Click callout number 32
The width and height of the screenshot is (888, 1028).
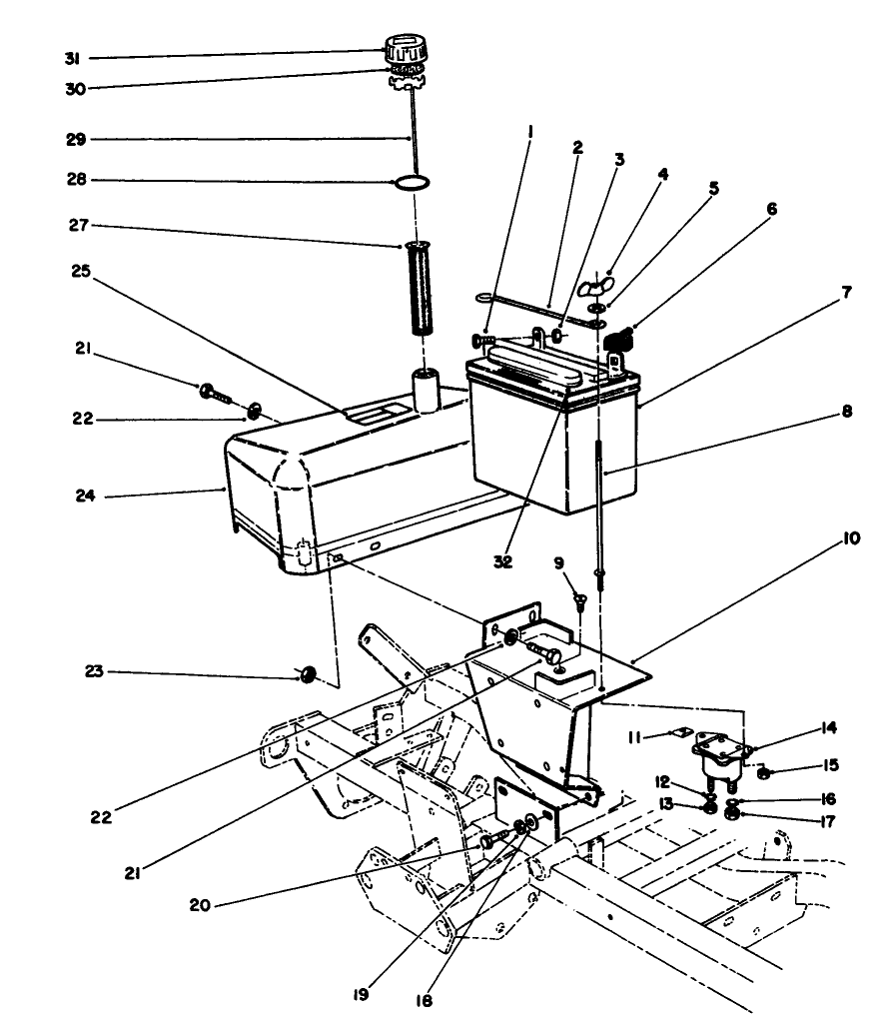502,562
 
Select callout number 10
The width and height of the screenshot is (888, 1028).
851,537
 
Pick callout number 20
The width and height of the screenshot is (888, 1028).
201,905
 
